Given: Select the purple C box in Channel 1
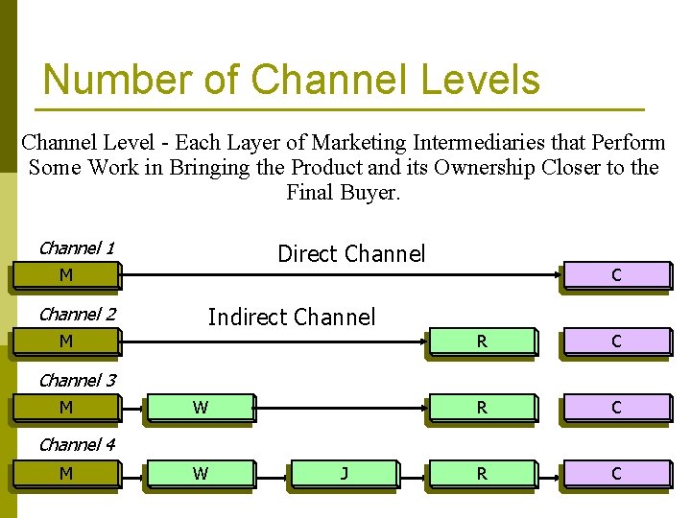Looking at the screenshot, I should click(x=615, y=275).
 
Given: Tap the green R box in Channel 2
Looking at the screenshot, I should click(x=481, y=341).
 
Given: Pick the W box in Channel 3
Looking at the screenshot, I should click(x=201, y=408).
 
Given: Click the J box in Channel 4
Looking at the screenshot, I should click(x=343, y=473).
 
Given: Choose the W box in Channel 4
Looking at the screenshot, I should click(x=201, y=473).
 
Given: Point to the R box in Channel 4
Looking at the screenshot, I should click(x=481, y=473).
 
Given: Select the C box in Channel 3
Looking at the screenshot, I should click(x=615, y=408).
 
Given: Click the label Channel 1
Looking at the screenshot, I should click(x=77, y=248).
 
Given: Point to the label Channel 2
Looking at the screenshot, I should click(x=77, y=314).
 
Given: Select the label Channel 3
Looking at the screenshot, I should click(x=77, y=380).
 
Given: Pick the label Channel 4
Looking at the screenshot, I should click(x=77, y=445).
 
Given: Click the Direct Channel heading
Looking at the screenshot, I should click(x=351, y=254).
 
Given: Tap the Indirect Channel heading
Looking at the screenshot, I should click(x=292, y=318).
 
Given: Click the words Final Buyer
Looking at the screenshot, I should click(x=343, y=193).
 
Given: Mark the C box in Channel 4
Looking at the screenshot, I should click(x=615, y=473).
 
